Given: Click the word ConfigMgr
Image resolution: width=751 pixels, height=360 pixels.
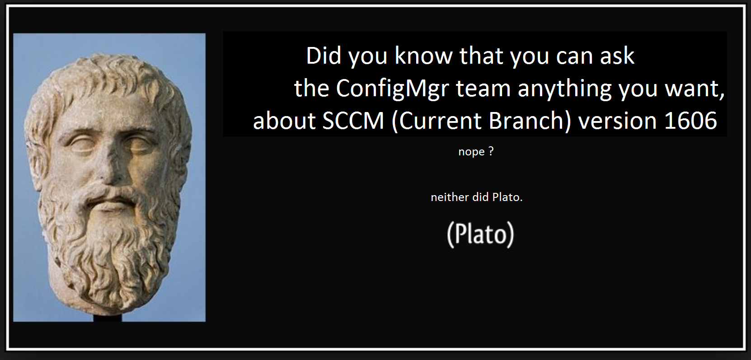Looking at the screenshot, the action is click(392, 89).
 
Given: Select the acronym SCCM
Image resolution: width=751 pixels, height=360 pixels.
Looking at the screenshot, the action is click(353, 121).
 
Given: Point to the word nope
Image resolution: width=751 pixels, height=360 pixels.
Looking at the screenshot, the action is click(471, 152).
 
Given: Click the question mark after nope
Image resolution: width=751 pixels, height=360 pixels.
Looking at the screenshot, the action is click(491, 151).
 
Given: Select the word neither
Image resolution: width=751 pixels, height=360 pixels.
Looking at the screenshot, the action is click(450, 197).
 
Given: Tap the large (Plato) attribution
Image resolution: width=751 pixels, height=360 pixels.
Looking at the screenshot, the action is click(480, 234).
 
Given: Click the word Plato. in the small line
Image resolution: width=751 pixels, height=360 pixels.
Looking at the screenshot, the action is click(507, 197).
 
